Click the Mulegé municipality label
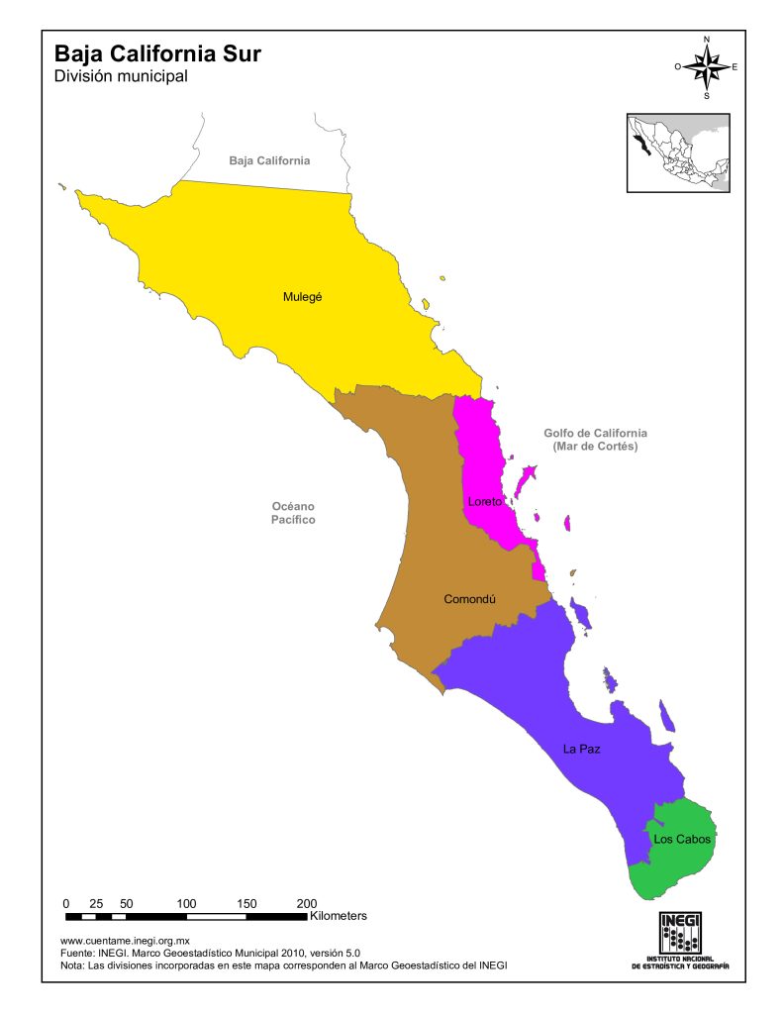pyautogui.click(x=303, y=296)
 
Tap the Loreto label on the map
pyautogui.click(x=484, y=502)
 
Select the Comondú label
pyautogui.click(x=468, y=599)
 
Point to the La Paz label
pyautogui.click(x=582, y=749)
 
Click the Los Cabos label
pyautogui.click(x=682, y=840)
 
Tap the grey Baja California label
pyautogui.click(x=269, y=160)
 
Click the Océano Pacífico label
pyautogui.click(x=294, y=512)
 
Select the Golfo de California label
pyautogui.click(x=595, y=440)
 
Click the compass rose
pyautogui.click(x=706, y=67)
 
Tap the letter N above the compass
pyautogui.click(x=706, y=40)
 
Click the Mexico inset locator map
pyautogui.click(x=678, y=152)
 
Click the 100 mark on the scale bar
pyautogui.click(x=186, y=903)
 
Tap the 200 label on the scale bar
pyautogui.click(x=307, y=903)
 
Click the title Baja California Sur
pyautogui.click(x=158, y=52)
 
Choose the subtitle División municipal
pyautogui.click(x=121, y=75)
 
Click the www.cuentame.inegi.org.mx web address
pyautogui.click(x=125, y=941)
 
